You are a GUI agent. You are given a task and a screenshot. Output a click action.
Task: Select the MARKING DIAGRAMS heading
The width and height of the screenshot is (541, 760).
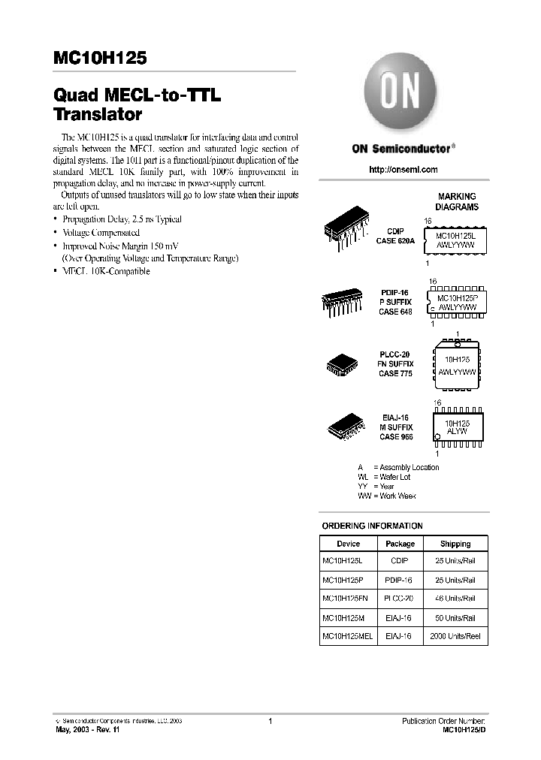[457, 201]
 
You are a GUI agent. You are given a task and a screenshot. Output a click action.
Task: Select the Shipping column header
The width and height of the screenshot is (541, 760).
[455, 544]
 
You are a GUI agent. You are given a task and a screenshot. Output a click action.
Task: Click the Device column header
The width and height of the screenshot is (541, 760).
[348, 544]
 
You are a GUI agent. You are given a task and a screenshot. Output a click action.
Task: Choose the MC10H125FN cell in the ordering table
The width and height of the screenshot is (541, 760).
[345, 599]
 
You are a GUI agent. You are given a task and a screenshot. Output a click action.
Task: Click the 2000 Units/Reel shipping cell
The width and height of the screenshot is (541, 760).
[455, 635]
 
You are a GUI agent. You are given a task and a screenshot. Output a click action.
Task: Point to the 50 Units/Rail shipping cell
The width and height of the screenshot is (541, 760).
[455, 617]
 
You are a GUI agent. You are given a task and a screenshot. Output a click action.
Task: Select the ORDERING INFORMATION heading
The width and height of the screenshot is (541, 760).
[372, 526]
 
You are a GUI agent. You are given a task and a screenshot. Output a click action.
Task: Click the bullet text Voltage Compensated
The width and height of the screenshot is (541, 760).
[101, 233]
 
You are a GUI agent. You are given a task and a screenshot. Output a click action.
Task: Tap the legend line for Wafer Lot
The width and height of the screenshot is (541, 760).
[385, 477]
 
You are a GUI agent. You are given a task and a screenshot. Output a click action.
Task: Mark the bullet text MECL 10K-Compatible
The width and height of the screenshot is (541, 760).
[105, 271]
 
